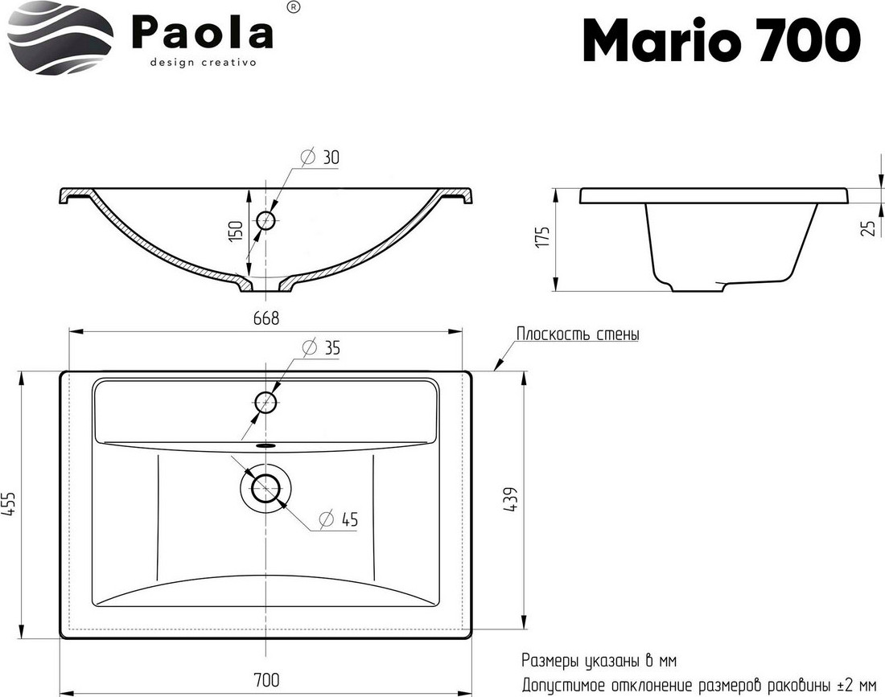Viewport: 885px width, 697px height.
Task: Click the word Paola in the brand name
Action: [x=203, y=32]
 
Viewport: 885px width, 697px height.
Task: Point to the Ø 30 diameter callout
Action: [x=320, y=157]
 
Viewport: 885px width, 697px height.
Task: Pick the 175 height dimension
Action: [x=542, y=237]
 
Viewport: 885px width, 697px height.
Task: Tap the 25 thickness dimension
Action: [x=870, y=228]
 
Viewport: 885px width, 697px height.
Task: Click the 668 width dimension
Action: [x=265, y=318]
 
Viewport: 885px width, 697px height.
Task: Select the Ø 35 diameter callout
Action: [x=321, y=347]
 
